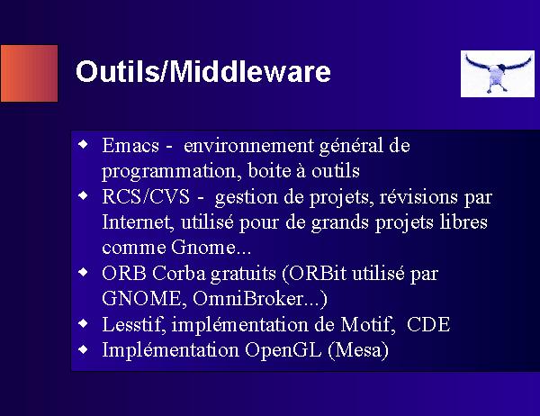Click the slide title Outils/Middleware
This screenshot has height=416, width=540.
[203, 71]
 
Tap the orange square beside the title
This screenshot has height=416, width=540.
[30, 73]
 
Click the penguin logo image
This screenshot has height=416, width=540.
[498, 74]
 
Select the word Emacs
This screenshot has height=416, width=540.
[130, 146]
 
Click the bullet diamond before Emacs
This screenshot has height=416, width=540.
[84, 144]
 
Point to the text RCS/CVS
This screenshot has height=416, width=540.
[146, 197]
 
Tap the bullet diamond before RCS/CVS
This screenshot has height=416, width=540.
[84, 195]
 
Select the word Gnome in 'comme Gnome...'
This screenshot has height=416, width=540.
[203, 248]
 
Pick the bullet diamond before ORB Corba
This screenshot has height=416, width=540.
[84, 272]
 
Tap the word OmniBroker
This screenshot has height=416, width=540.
[248, 298]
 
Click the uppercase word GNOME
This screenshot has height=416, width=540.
[141, 298]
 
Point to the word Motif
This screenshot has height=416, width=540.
[365, 325]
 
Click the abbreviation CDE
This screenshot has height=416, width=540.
[428, 325]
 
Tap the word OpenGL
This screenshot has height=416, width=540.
[283, 350]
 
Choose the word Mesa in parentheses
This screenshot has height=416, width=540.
[358, 350]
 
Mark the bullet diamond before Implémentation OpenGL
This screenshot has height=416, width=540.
[84, 349]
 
